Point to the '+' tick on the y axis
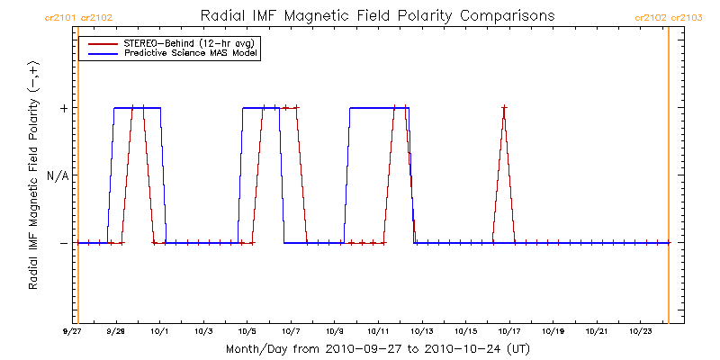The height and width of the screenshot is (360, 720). coord(63,108)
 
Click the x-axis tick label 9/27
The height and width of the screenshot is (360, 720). coord(73,331)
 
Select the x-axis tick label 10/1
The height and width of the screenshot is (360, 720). coord(160,331)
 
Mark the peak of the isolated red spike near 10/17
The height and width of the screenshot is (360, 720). coord(504,108)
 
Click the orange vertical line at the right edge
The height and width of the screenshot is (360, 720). coord(669,180)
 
